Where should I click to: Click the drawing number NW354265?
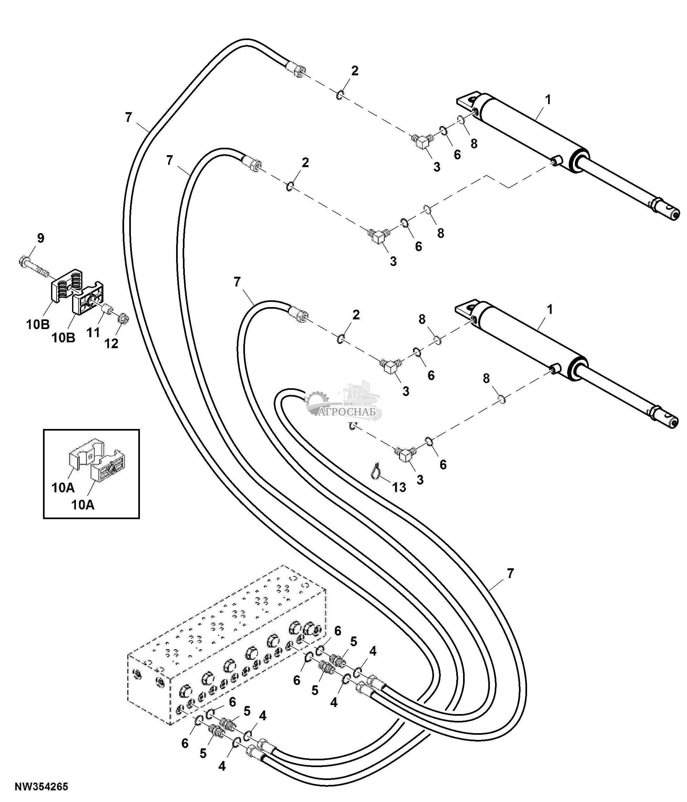coord(41,786)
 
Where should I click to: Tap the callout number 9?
coord(41,238)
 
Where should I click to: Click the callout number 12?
coord(111,343)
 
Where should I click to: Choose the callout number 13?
coord(399,487)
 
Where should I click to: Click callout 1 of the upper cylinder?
coord(547,100)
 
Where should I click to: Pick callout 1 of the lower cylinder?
coord(550,310)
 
